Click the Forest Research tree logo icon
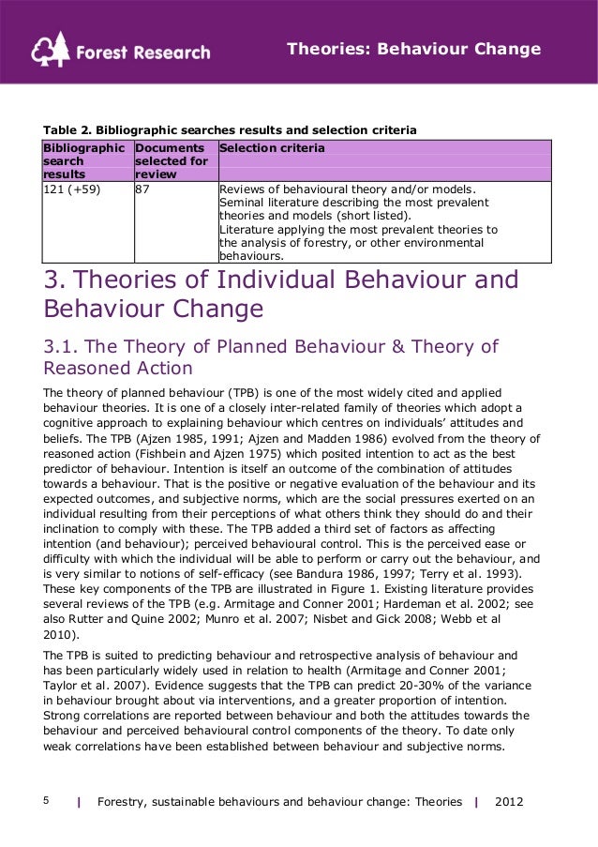coord(50,50)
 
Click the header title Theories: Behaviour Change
coord(413,48)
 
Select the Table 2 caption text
coord(230,129)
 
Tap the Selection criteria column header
coord(273,148)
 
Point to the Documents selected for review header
coord(171,160)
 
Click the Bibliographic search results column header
coord(83,160)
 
